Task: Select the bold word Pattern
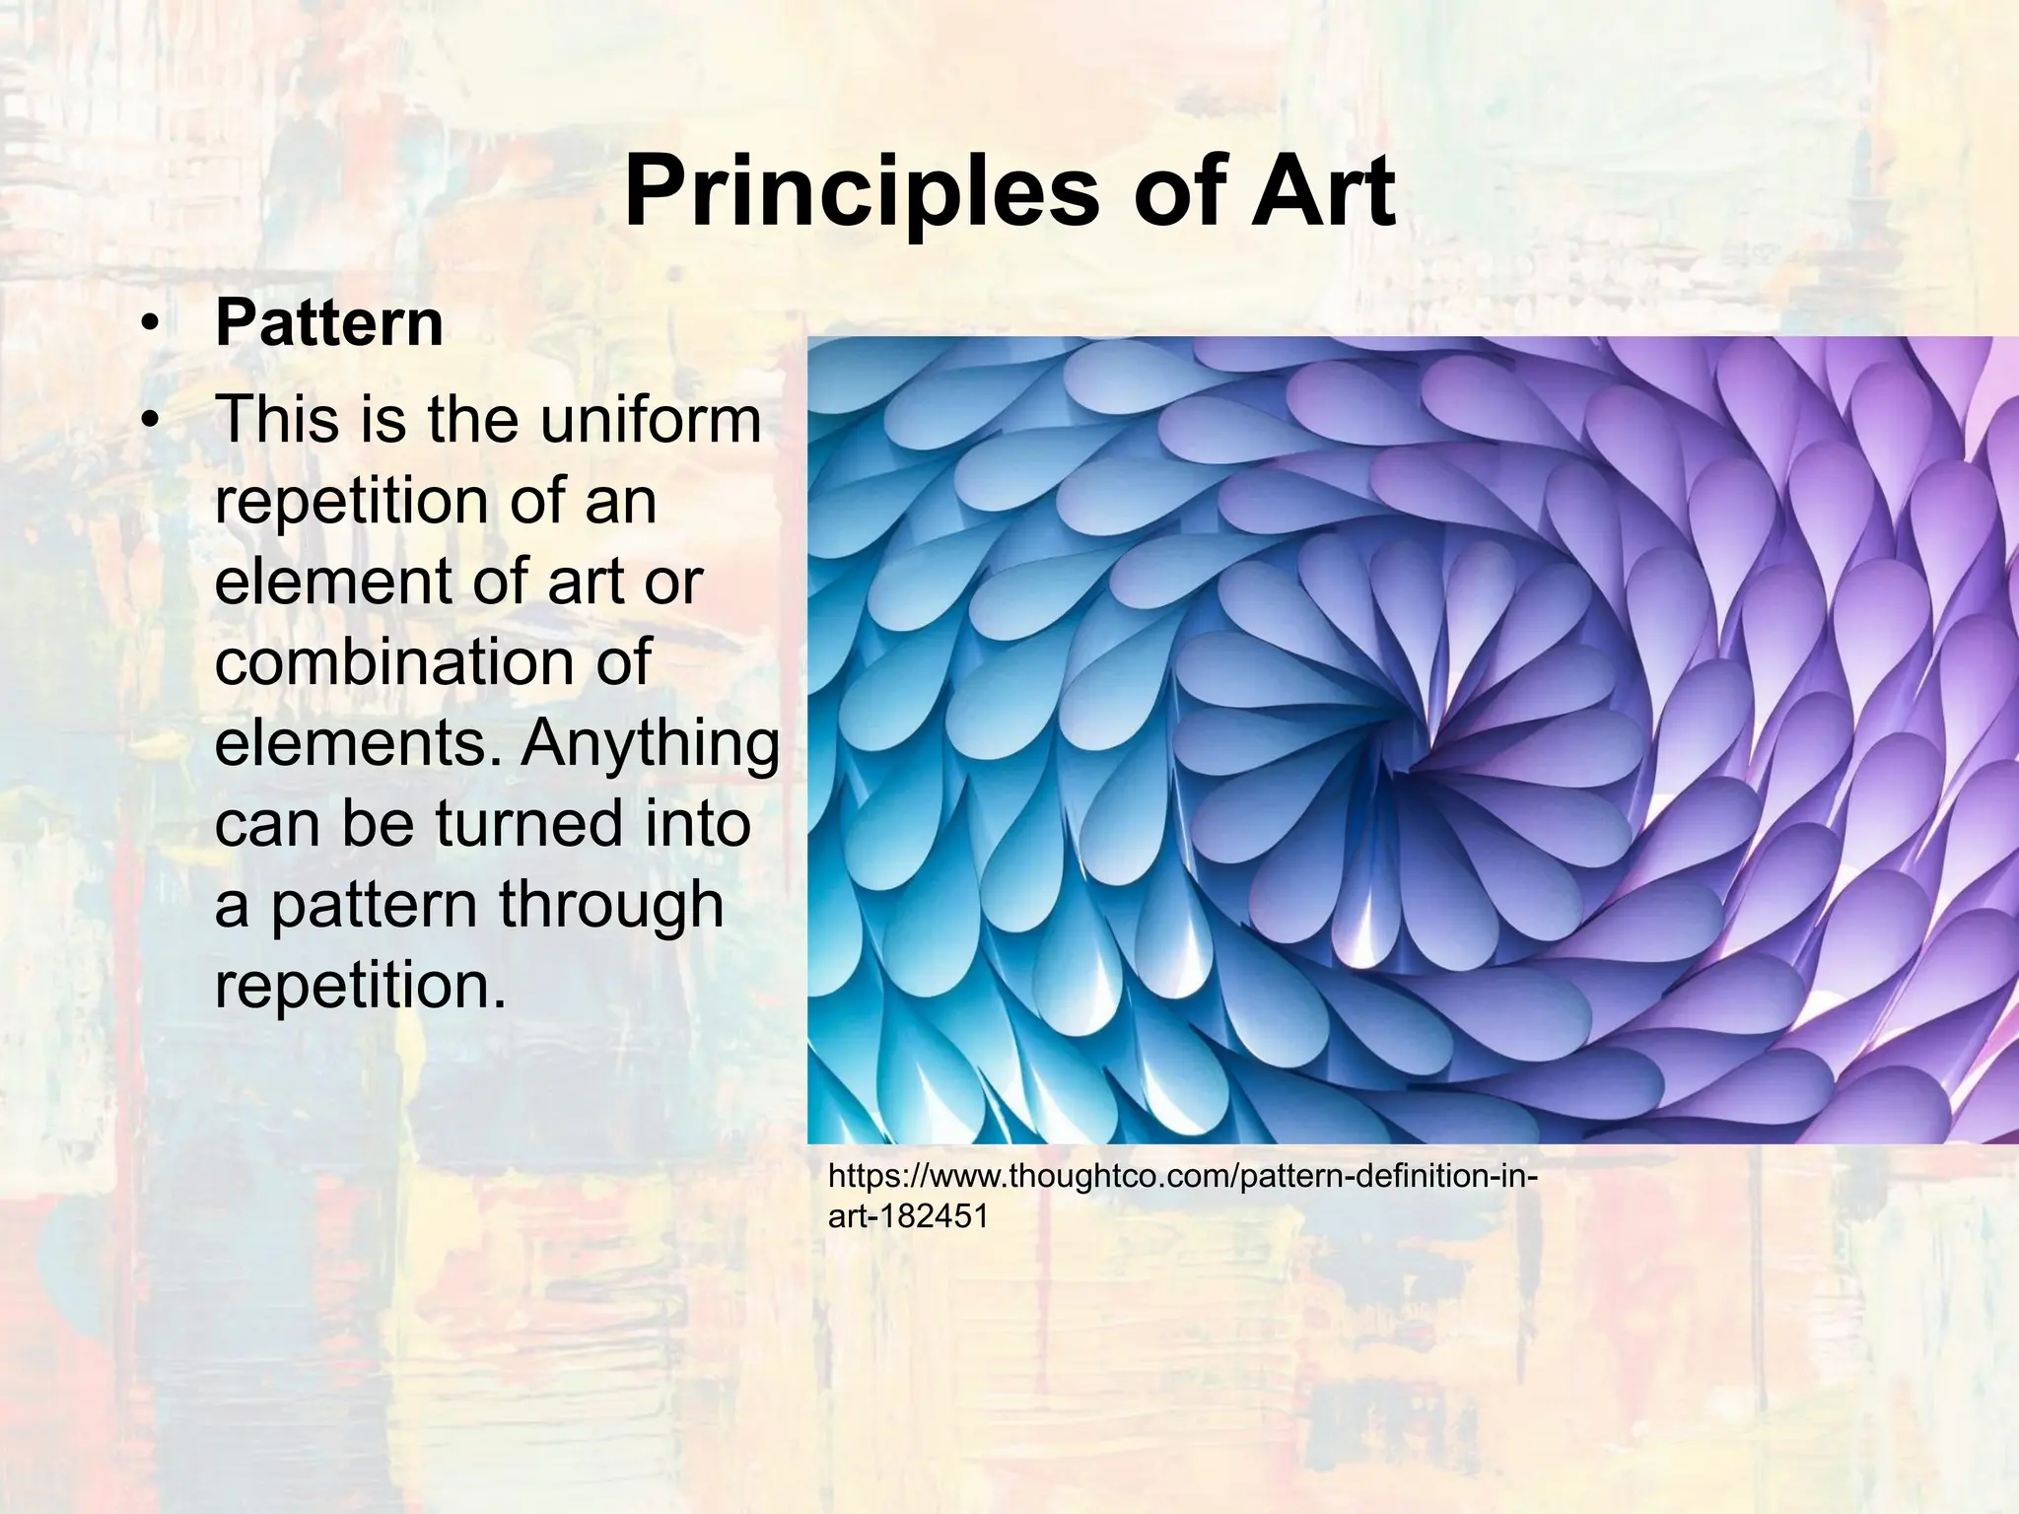(329, 322)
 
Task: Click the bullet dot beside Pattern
(149, 324)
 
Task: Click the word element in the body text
(326, 581)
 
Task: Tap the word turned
(528, 823)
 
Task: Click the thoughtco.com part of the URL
(1114, 1176)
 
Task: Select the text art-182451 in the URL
(908, 1216)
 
